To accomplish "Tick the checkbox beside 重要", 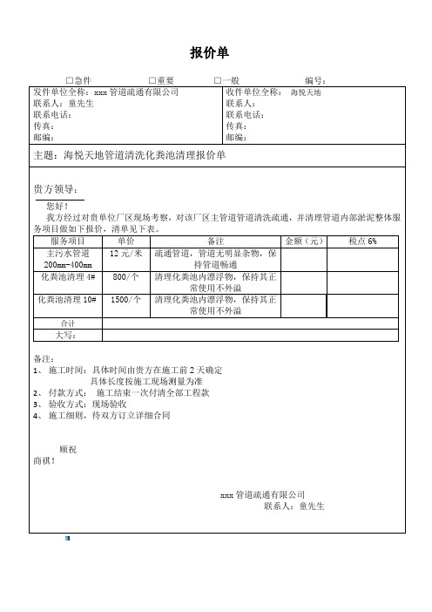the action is (152, 81).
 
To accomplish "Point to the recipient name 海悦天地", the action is (306, 92).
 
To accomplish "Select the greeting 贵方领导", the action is (55, 189).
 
